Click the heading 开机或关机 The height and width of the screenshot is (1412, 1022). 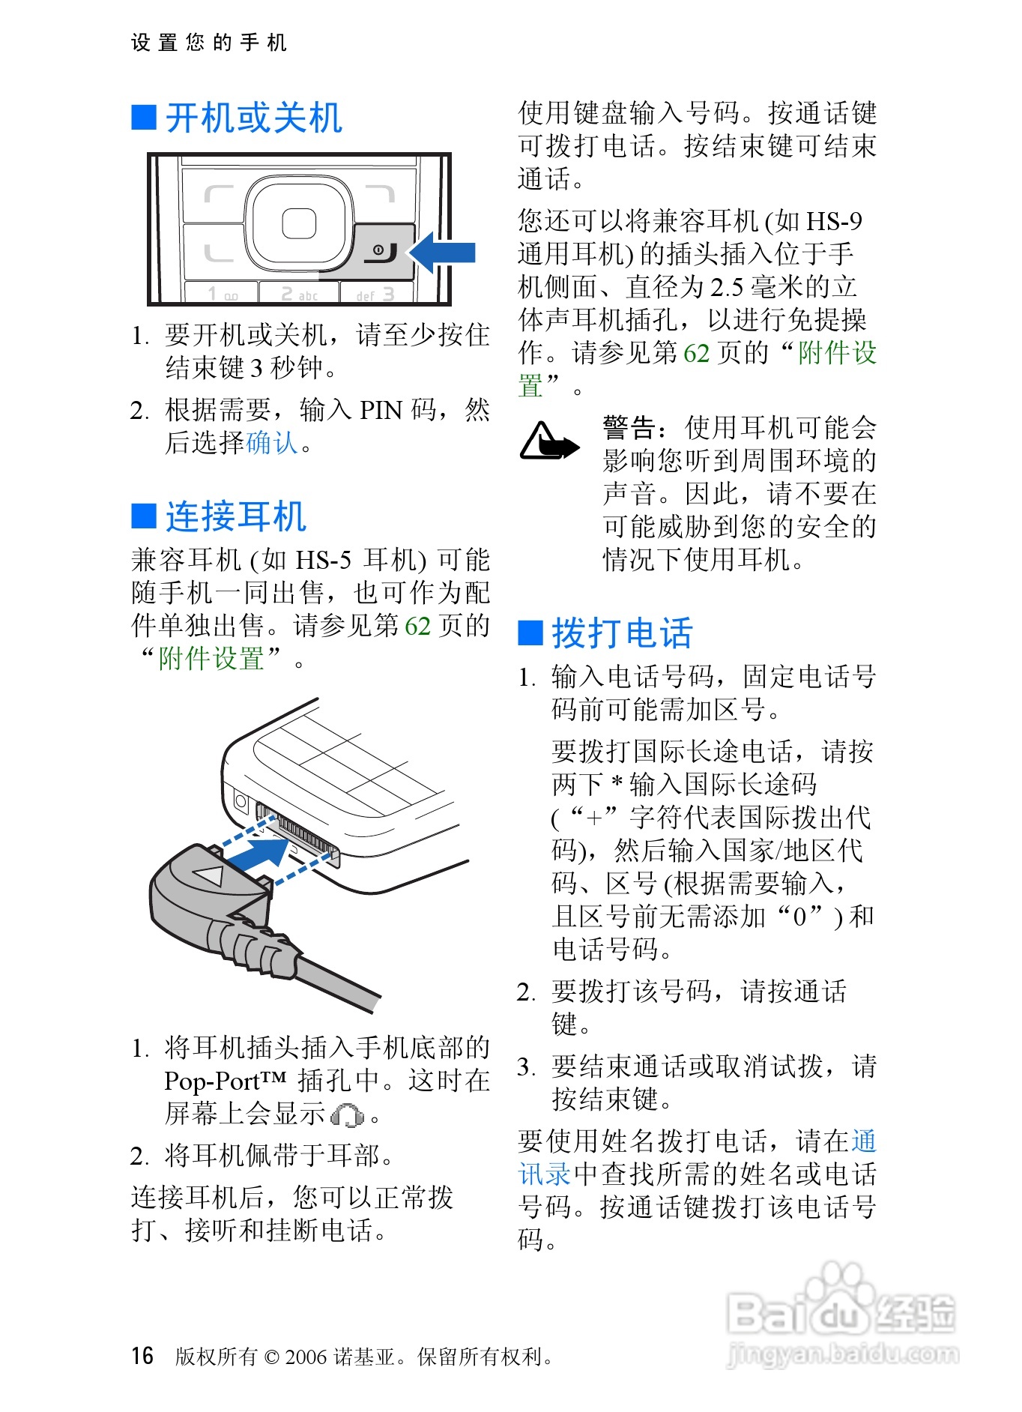[254, 118]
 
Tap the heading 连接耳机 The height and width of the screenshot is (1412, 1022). [236, 516]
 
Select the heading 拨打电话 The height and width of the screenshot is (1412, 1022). [623, 633]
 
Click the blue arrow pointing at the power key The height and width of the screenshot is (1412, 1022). [443, 253]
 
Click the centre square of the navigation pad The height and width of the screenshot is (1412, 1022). [299, 223]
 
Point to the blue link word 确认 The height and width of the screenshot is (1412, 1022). [272, 443]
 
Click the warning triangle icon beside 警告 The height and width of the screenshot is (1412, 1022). [548, 441]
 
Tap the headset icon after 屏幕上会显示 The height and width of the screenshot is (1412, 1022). [348, 1115]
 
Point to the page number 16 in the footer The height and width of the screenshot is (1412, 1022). [142, 1356]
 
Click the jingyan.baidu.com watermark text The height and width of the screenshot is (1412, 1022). [842, 1354]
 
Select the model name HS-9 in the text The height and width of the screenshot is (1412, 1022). [834, 221]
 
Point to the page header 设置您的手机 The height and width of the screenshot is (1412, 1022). [209, 43]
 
